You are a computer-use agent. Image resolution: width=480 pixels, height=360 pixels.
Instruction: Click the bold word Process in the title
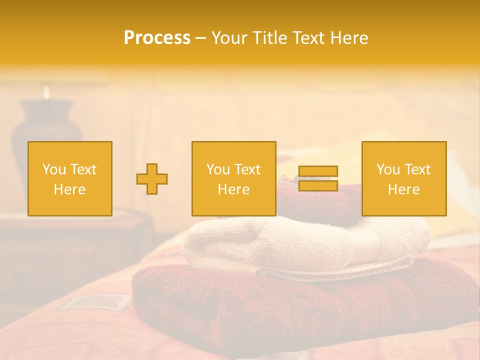[x=157, y=38]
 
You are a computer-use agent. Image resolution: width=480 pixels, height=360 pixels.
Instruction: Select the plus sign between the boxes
[x=152, y=178]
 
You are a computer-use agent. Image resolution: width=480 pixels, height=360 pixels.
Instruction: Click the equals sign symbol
[x=318, y=178]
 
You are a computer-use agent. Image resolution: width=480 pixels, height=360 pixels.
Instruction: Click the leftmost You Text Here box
[x=70, y=178]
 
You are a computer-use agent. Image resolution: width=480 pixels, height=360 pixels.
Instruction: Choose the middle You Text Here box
[x=234, y=178]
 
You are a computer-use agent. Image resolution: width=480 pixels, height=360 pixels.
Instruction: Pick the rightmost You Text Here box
[x=404, y=178]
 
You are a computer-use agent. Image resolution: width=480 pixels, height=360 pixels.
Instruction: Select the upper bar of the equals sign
[x=318, y=171]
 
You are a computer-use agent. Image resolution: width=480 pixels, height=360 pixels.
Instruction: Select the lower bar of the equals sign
[x=318, y=185]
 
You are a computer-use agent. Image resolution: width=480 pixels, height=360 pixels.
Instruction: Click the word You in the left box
[x=54, y=169]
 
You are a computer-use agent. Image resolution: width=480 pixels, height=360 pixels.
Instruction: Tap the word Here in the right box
[x=404, y=189]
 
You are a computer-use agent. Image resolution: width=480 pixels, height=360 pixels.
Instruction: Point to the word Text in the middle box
[x=247, y=169]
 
